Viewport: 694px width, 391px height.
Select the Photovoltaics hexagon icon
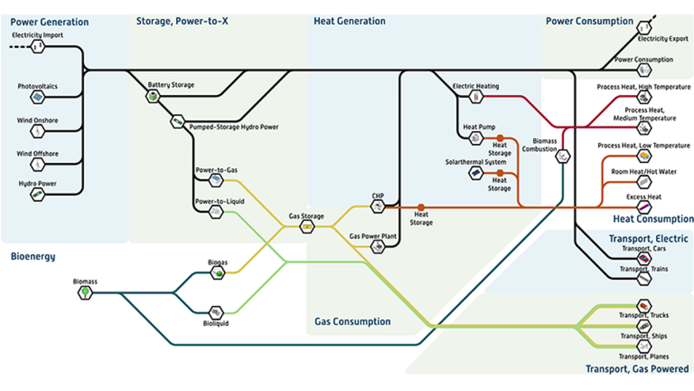(x=37, y=97)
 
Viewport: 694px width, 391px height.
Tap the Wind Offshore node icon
(x=37, y=164)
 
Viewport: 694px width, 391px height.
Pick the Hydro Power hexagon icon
(x=37, y=194)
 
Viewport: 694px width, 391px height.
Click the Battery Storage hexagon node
(x=153, y=96)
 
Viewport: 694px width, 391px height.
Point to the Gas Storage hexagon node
(x=307, y=227)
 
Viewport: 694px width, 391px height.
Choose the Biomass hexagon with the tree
(x=85, y=293)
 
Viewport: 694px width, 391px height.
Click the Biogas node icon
(x=217, y=273)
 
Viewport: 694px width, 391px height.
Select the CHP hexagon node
(x=377, y=207)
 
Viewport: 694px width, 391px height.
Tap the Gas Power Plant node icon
(x=377, y=247)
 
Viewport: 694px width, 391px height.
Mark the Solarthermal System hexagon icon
(x=476, y=173)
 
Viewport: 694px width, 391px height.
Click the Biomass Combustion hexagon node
(x=563, y=156)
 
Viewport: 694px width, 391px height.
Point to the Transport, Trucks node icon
(x=644, y=305)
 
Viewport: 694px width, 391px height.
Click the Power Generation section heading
(x=49, y=22)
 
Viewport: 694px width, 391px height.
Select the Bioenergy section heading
(x=33, y=257)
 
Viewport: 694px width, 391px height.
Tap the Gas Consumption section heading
(x=352, y=322)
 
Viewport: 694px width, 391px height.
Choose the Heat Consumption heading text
(x=652, y=219)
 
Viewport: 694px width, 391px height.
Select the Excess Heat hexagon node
(x=644, y=208)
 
